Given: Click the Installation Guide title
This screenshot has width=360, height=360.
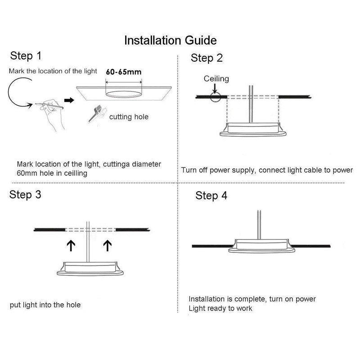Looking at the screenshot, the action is tap(171, 40).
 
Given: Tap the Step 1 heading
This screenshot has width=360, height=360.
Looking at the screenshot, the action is tap(26, 56).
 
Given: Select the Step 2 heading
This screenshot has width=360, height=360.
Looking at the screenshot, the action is tap(207, 58).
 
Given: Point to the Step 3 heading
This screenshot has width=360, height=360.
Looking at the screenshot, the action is tap(25, 195).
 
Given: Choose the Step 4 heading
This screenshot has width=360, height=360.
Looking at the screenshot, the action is tap(211, 196).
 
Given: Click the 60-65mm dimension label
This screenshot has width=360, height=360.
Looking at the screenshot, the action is tap(123, 72).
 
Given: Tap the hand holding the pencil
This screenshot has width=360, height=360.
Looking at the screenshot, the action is tap(52, 114).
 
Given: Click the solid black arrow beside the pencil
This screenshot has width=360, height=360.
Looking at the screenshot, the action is tap(69, 100).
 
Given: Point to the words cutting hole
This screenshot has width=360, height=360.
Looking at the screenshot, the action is tap(129, 117).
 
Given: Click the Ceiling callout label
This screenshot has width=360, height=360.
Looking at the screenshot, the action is tap(216, 79).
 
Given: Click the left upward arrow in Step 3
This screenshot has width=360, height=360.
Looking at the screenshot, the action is tap(71, 245).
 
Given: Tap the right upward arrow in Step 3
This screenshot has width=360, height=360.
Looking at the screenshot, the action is tap(108, 245).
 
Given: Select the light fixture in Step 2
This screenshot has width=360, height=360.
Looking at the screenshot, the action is tap(253, 130).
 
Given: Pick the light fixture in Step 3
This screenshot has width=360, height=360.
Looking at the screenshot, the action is tap(90, 268).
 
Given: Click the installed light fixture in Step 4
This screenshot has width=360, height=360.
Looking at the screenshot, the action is tap(261, 246).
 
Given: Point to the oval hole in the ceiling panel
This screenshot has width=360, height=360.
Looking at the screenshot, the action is tap(123, 94).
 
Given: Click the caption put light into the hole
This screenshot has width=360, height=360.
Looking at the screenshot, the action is tap(45, 305).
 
